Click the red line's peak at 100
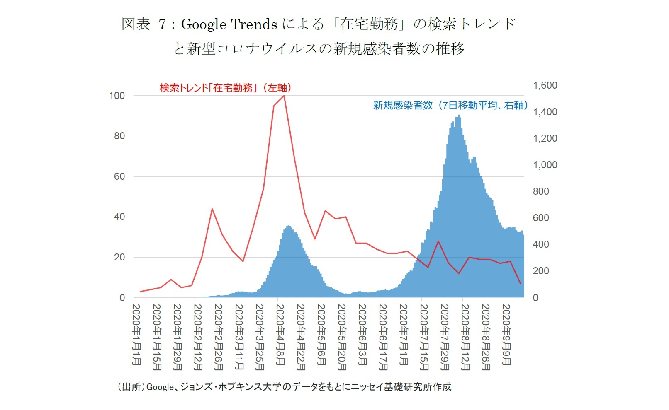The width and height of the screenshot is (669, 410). click(x=284, y=96)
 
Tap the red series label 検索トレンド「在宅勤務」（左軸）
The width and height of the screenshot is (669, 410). click(x=226, y=88)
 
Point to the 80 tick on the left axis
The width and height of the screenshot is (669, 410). click(x=119, y=136)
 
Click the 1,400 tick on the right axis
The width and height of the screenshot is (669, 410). click(x=545, y=112)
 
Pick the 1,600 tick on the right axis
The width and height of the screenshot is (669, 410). click(x=545, y=85)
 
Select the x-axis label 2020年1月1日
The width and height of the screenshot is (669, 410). click(x=136, y=335)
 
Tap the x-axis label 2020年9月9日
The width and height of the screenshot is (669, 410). click(x=506, y=335)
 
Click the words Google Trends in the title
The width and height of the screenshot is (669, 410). click(x=229, y=24)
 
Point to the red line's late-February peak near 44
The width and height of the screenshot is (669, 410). click(x=212, y=209)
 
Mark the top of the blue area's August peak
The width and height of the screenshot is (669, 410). click(x=459, y=116)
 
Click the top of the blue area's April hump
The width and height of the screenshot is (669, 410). click(x=289, y=226)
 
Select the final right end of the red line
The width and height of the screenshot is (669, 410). click(x=520, y=284)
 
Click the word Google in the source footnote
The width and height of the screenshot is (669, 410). click(x=160, y=387)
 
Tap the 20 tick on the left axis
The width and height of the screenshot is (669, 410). click(x=119, y=257)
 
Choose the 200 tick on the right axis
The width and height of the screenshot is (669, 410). click(x=540, y=271)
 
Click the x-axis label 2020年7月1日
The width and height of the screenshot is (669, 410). click(x=404, y=335)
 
